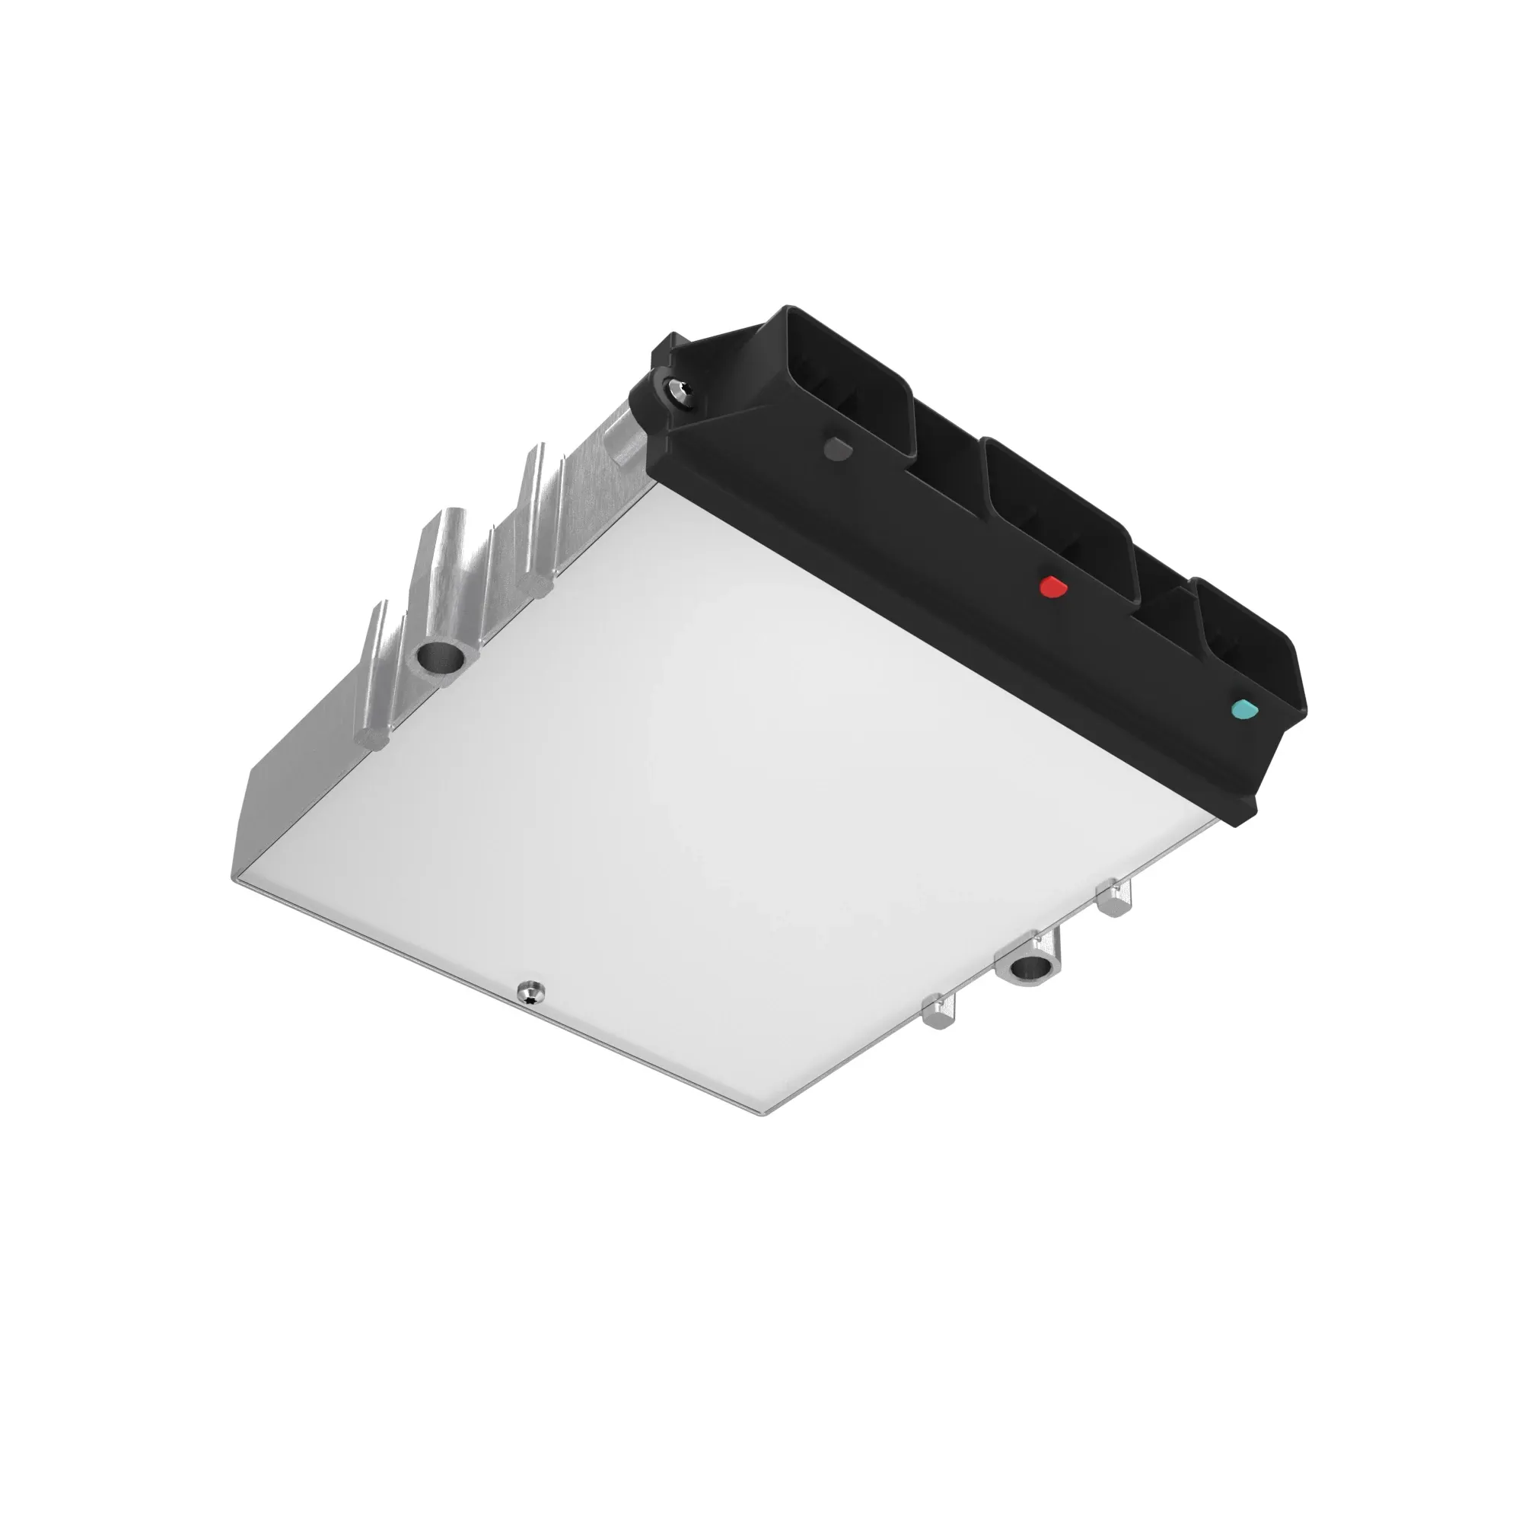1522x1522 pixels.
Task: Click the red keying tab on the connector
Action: tap(1052, 587)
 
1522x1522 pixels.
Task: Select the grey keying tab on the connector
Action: tap(836, 449)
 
